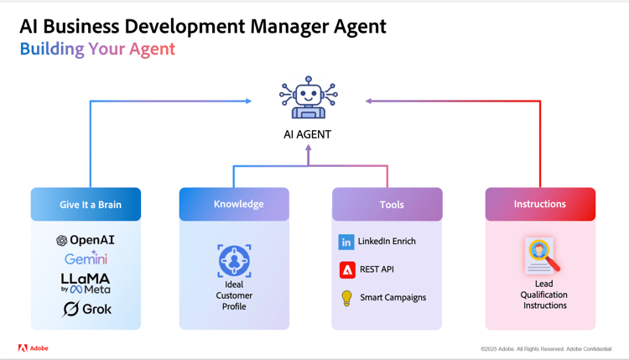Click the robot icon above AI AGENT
(308, 97)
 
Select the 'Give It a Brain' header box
(86, 204)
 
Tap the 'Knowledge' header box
(234, 204)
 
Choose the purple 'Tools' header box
(387, 204)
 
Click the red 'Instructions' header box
(540, 204)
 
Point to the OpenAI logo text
(86, 240)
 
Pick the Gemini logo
(86, 258)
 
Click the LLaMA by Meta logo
(86, 283)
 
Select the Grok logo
(87, 309)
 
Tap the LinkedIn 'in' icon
(346, 242)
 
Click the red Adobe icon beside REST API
(347, 269)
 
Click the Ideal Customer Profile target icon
(234, 261)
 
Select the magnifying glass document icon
(542, 256)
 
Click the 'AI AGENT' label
(308, 134)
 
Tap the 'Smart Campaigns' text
(392, 297)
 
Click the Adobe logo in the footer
(34, 347)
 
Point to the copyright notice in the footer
(546, 349)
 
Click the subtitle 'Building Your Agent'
(97, 49)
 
